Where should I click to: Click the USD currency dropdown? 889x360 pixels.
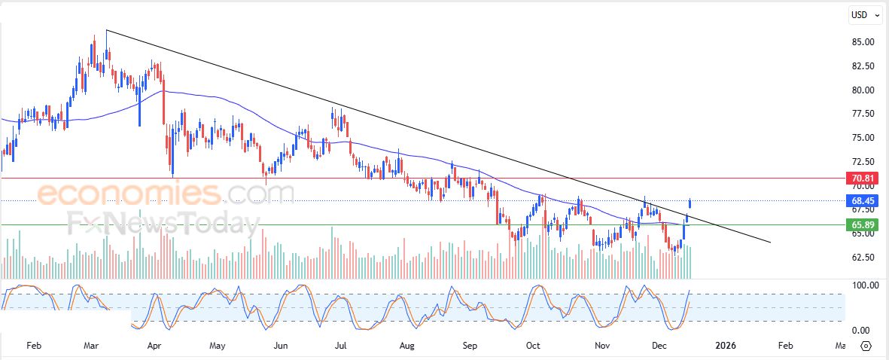864,14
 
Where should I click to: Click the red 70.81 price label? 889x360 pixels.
862,178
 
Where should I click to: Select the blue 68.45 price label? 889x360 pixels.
862,201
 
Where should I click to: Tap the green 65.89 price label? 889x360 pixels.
862,224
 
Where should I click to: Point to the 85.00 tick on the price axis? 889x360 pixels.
863,42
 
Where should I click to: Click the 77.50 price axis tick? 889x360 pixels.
863,114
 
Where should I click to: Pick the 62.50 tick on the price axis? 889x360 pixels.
863,258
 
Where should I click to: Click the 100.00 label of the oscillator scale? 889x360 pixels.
864,285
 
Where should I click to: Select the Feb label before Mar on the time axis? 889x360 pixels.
33,346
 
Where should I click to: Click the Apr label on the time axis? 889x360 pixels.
154,346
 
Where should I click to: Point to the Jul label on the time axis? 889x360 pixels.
340,346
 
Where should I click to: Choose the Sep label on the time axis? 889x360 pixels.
470,346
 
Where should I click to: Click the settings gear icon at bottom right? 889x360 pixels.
865,346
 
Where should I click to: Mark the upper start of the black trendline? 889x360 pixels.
107,30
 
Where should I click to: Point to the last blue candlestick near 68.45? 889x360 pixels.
690,203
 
